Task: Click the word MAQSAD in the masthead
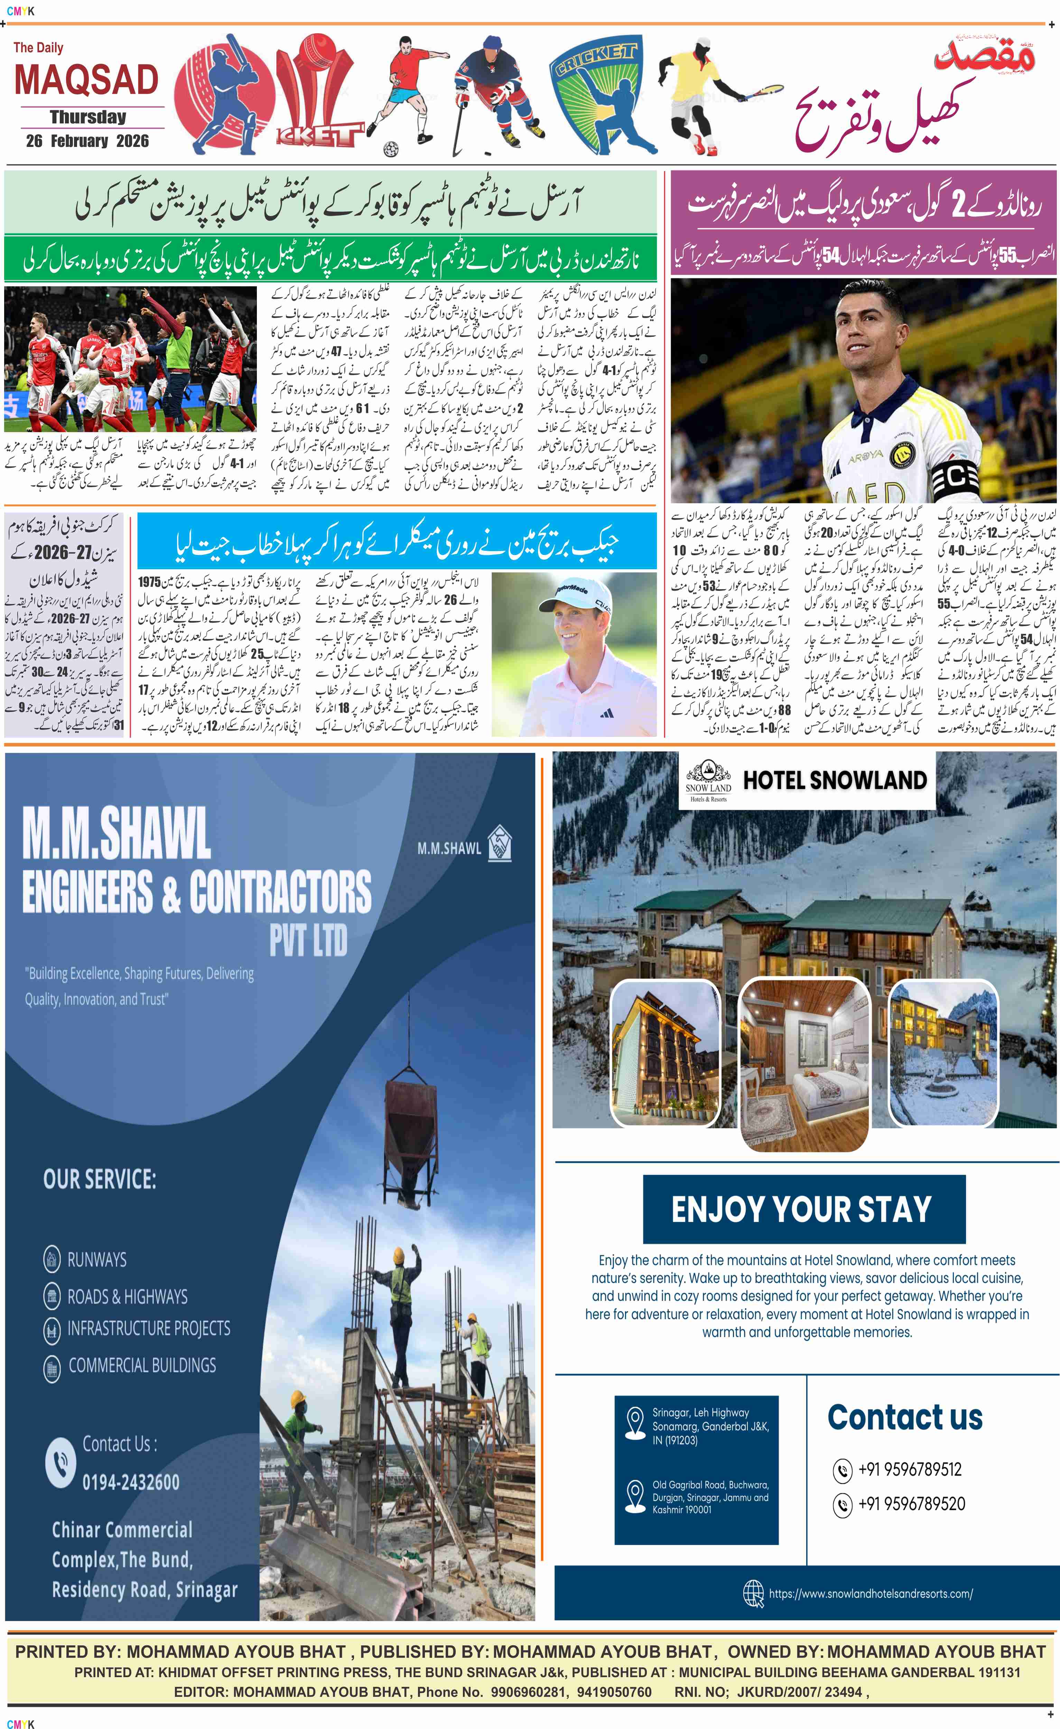click(x=86, y=80)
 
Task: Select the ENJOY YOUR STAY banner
click(x=803, y=1209)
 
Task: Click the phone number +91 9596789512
click(x=909, y=1469)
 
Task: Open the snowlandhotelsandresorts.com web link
click(x=870, y=1593)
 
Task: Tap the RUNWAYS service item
click(x=97, y=1259)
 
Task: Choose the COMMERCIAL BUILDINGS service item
click(x=142, y=1365)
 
